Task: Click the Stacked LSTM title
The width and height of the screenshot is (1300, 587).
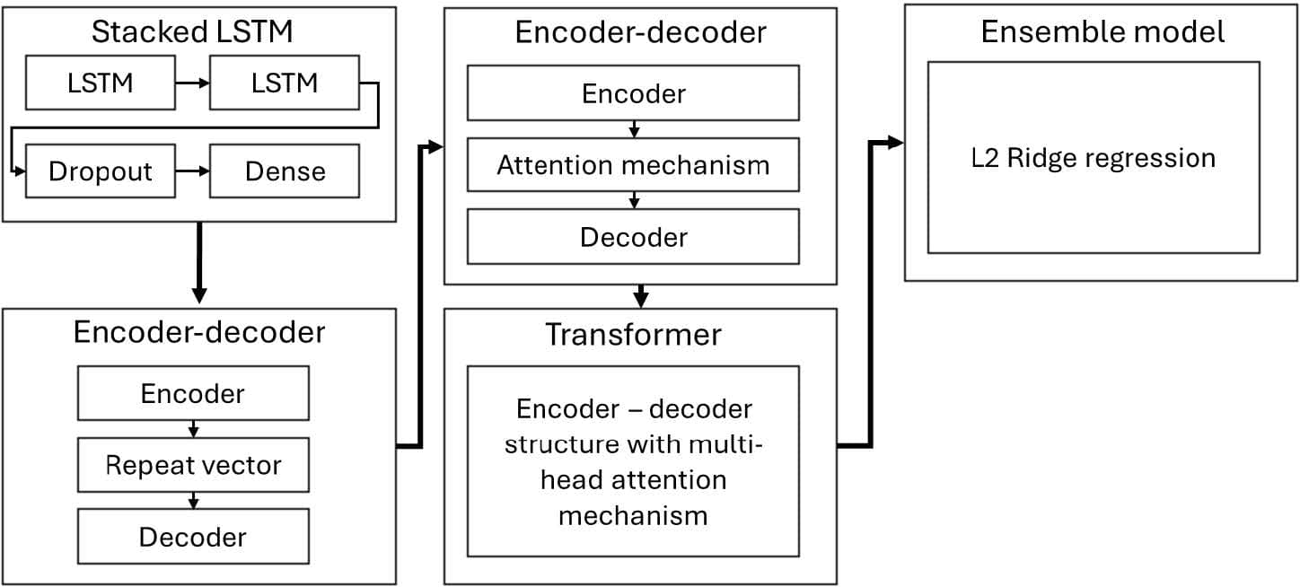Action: (x=192, y=32)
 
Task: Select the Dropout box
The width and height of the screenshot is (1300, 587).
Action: (x=101, y=171)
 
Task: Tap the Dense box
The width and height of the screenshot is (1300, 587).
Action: (x=285, y=171)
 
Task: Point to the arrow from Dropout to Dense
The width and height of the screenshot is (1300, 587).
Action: (x=192, y=171)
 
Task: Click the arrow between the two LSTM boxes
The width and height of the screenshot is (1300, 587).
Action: (x=192, y=83)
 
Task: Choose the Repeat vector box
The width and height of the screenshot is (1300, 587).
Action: (x=193, y=465)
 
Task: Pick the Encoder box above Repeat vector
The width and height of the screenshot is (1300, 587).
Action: (x=193, y=393)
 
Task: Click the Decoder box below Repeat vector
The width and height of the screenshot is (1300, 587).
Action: (x=193, y=537)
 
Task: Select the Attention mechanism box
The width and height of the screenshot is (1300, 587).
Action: (x=633, y=165)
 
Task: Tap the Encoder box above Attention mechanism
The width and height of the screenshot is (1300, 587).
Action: (x=633, y=92)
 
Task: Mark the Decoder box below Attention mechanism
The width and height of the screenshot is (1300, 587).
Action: (x=633, y=237)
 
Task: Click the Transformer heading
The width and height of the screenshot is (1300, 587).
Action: (x=633, y=335)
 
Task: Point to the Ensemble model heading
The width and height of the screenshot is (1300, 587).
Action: (x=1102, y=32)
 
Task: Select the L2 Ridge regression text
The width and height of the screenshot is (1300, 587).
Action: (x=1094, y=158)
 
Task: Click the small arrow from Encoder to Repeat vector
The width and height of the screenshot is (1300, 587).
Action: (x=194, y=429)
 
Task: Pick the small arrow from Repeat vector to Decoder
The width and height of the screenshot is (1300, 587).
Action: (x=194, y=501)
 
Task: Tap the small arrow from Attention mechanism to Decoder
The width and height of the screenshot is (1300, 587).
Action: (x=635, y=200)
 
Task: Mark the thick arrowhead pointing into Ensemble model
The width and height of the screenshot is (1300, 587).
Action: (x=895, y=143)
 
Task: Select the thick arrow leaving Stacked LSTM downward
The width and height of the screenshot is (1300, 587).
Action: (x=199, y=262)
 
